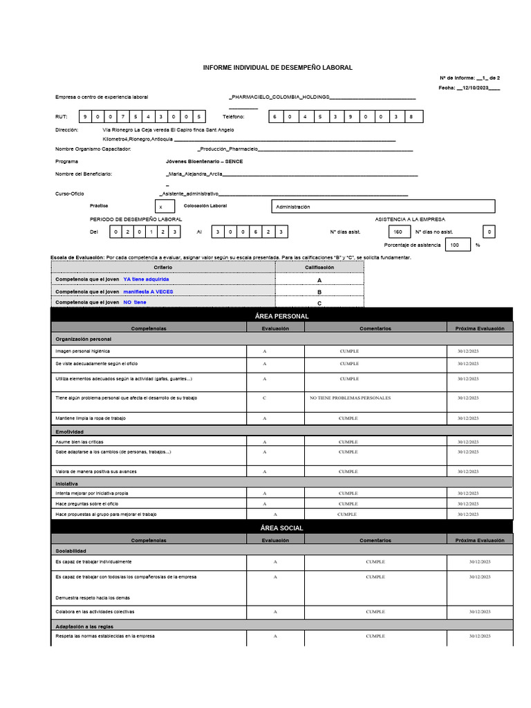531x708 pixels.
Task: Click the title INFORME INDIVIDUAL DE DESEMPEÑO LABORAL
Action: pos(277,68)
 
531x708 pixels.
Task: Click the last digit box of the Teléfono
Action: pos(411,117)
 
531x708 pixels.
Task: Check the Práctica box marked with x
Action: pos(161,207)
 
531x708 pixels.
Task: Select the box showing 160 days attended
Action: pos(398,232)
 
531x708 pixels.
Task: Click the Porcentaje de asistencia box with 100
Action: pos(454,245)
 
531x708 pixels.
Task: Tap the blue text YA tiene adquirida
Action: pos(146,279)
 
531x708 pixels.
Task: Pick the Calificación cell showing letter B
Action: pos(319,292)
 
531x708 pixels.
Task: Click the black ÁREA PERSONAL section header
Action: pos(282,316)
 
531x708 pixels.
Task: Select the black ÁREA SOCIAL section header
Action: pos(282,528)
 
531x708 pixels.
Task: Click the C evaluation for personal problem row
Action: pos(265,398)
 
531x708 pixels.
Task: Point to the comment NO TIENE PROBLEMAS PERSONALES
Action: pos(349,398)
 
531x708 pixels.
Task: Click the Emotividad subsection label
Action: pos(69,431)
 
